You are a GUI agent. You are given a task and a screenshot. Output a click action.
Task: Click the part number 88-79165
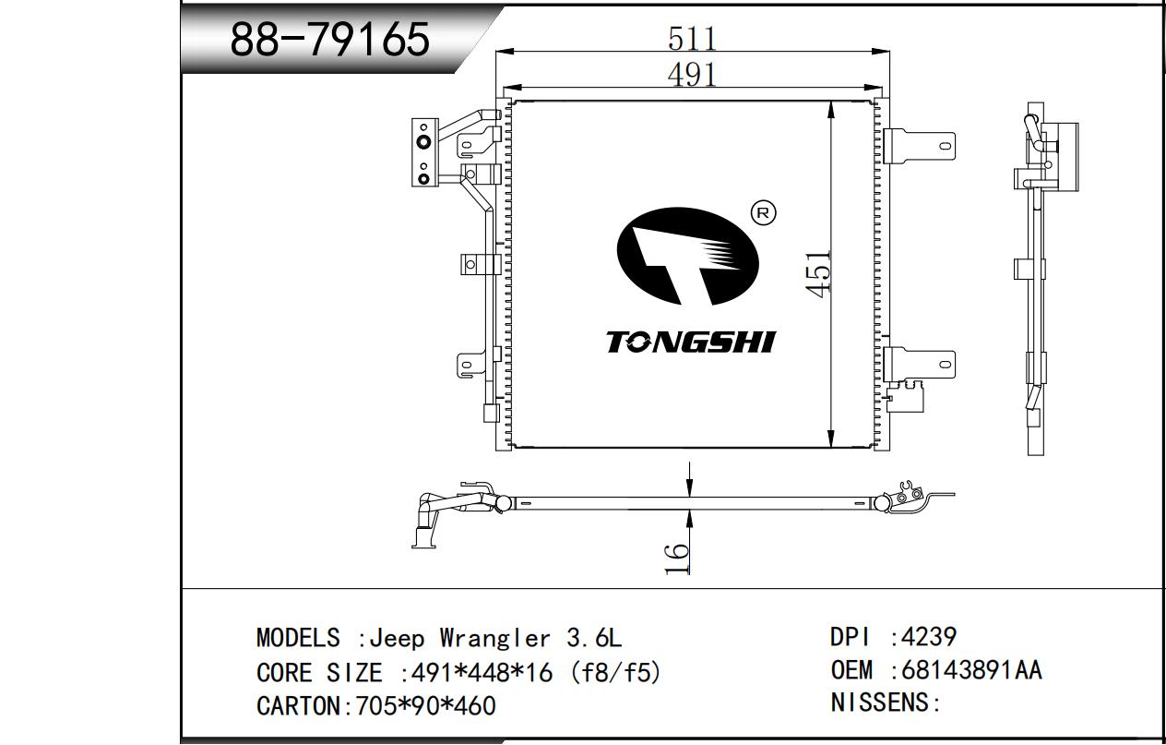point(329,39)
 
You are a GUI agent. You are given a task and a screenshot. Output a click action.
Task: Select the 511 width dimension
point(692,39)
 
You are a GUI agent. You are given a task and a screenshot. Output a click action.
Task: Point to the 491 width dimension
point(692,75)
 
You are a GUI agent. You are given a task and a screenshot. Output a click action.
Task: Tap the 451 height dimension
point(817,274)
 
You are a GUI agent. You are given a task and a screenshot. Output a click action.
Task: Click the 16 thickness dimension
point(677,558)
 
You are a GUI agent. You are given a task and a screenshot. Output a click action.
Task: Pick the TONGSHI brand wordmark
point(691,342)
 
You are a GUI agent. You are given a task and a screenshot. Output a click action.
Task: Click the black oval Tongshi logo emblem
point(687,256)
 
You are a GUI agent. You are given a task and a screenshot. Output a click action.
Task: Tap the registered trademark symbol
point(764,213)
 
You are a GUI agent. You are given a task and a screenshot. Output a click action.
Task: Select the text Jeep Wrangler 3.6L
point(495,638)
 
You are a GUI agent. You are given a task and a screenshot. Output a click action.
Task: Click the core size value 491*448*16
point(482,673)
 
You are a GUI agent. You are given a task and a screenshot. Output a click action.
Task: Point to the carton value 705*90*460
point(425,706)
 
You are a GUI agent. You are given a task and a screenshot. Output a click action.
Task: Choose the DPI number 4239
point(929,637)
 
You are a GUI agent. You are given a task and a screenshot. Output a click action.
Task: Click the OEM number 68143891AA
point(972,670)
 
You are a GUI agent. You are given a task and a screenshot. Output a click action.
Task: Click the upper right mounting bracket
point(920,146)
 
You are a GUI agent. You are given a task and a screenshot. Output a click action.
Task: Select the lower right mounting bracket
point(920,364)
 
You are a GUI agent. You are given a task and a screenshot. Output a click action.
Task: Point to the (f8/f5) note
point(616,673)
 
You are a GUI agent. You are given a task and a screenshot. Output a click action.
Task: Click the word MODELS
point(298,638)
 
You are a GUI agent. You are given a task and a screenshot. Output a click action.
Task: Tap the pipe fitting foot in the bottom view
point(424,537)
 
